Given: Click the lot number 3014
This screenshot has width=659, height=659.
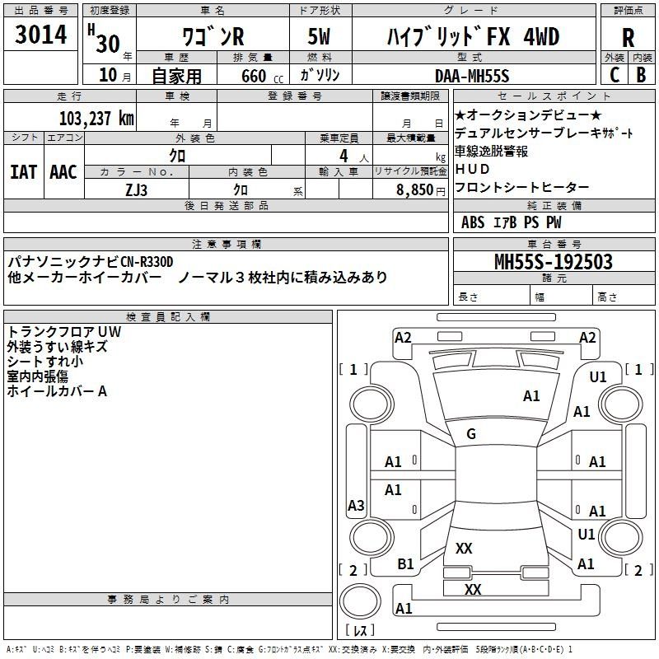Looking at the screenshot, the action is click(40, 35).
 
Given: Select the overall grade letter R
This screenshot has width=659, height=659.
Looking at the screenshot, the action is click(628, 38).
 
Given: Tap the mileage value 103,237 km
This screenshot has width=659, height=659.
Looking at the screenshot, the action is click(96, 119).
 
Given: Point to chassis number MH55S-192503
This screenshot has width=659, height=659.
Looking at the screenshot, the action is click(553, 261).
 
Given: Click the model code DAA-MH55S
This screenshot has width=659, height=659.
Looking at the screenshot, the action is click(472, 76).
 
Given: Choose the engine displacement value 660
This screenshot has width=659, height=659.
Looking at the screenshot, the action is click(254, 76).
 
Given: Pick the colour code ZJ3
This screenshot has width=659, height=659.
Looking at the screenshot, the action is click(136, 190).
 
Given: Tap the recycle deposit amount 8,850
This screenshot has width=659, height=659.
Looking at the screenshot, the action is click(414, 190).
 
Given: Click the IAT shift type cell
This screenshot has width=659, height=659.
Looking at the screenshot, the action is click(23, 172).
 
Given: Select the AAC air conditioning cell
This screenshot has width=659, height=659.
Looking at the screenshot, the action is click(63, 172).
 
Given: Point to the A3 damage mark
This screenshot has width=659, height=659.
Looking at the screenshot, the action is click(356, 505).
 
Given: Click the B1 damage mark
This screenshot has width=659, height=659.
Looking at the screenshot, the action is click(405, 563).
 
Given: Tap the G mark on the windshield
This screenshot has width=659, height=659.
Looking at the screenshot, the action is click(470, 433).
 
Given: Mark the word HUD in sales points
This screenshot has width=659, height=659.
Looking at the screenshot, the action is click(472, 169).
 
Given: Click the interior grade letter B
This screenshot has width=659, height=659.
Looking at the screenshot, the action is click(641, 75).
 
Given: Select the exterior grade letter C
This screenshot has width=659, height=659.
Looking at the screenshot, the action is click(615, 75).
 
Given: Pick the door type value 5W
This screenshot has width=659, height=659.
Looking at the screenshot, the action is click(319, 36).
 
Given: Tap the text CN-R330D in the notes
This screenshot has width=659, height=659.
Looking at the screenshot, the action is click(147, 262).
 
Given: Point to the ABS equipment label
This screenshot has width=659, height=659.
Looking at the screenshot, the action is click(473, 222).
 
